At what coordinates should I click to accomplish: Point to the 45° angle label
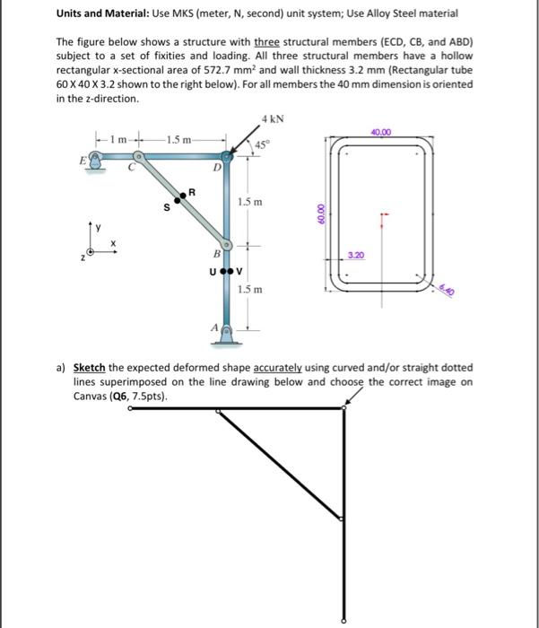coord(261,145)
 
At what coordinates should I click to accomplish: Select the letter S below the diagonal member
coord(164,211)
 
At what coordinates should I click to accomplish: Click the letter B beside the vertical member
coord(214,254)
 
